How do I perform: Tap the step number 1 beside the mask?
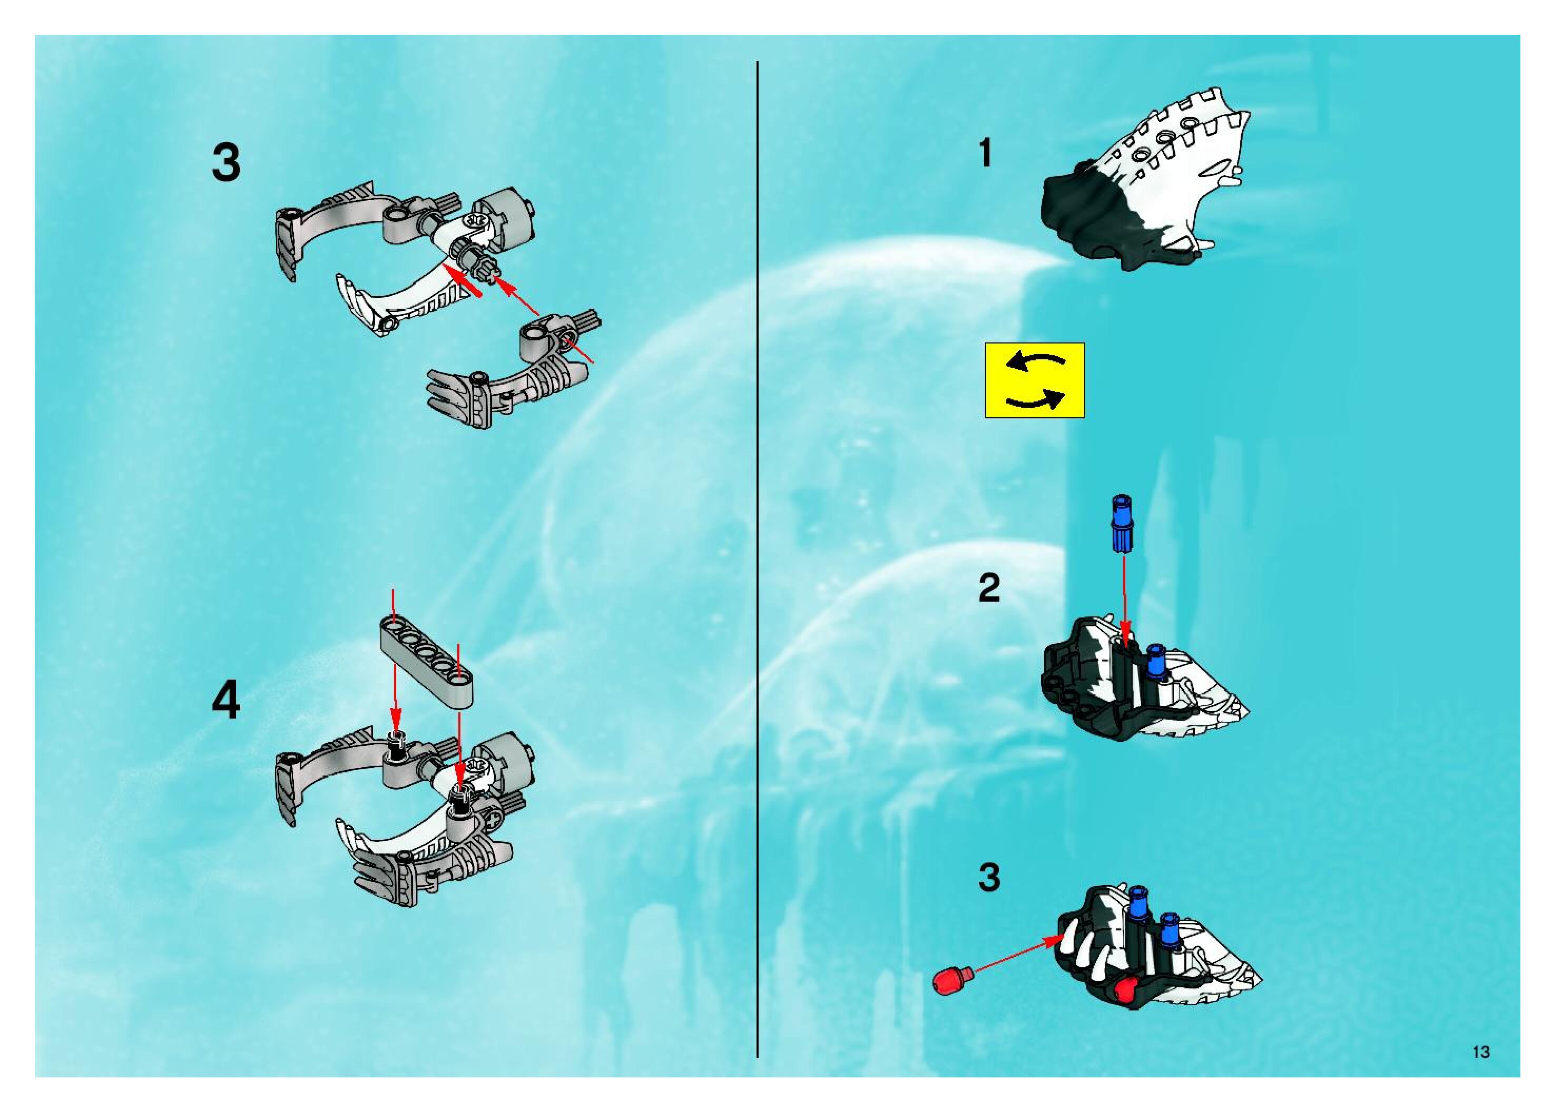tap(985, 153)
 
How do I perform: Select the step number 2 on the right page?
tap(989, 588)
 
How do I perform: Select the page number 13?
tap(1481, 1052)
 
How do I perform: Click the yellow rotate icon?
tap(1035, 380)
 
